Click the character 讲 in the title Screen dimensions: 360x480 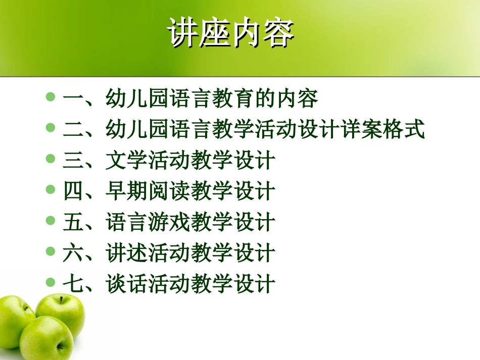click(183, 33)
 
